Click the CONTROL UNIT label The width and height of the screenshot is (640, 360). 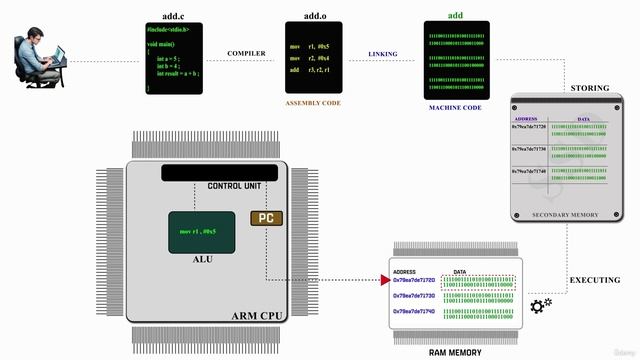234,186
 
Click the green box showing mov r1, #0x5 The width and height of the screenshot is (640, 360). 202,231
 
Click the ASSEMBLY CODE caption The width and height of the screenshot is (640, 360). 314,103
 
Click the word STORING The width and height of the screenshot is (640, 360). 589,88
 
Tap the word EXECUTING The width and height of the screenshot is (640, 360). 595,281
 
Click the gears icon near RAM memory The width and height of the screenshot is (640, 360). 542,305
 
